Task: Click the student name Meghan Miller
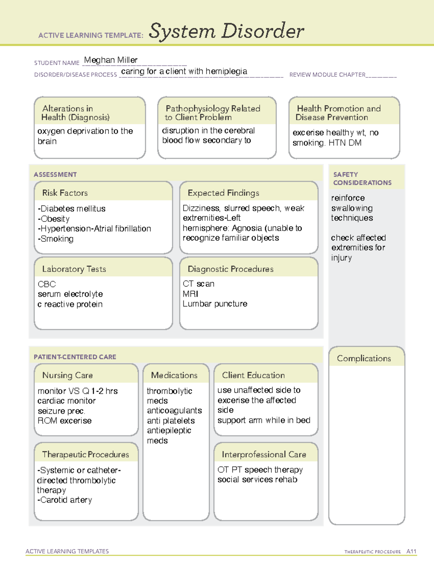click(111, 60)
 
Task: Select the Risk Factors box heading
click(65, 193)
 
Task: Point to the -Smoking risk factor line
click(56, 239)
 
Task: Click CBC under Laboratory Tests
click(47, 284)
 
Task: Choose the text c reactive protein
click(70, 304)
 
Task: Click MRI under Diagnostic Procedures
click(190, 294)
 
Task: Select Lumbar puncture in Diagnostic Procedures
click(215, 304)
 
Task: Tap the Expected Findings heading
click(224, 193)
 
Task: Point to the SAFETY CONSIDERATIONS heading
click(362, 179)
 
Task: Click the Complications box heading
click(364, 358)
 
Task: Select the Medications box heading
click(174, 375)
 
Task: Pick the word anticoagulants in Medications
click(174, 411)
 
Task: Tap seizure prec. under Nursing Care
click(61, 411)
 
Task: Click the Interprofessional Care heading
click(264, 455)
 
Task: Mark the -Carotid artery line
click(65, 500)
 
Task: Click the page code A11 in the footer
click(411, 552)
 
